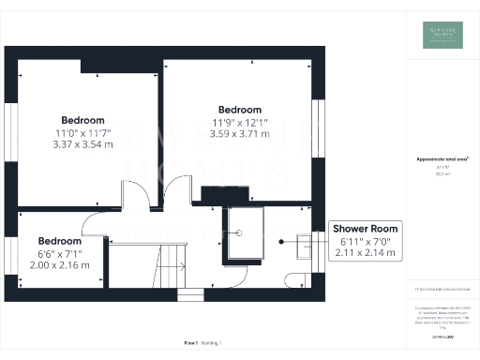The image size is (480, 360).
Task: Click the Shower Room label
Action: tap(366, 229)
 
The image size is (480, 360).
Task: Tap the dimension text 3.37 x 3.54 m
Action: tap(82, 144)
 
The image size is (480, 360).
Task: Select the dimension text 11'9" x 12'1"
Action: tap(239, 122)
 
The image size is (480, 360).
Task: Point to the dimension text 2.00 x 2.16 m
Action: tap(58, 265)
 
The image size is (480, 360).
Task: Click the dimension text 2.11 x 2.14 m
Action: tap(366, 253)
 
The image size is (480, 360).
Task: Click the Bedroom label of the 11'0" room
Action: tap(82, 120)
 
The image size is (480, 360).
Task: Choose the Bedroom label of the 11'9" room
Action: tap(239, 109)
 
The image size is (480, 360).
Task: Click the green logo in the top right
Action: tap(442, 34)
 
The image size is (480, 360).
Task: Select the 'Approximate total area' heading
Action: tap(442, 159)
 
